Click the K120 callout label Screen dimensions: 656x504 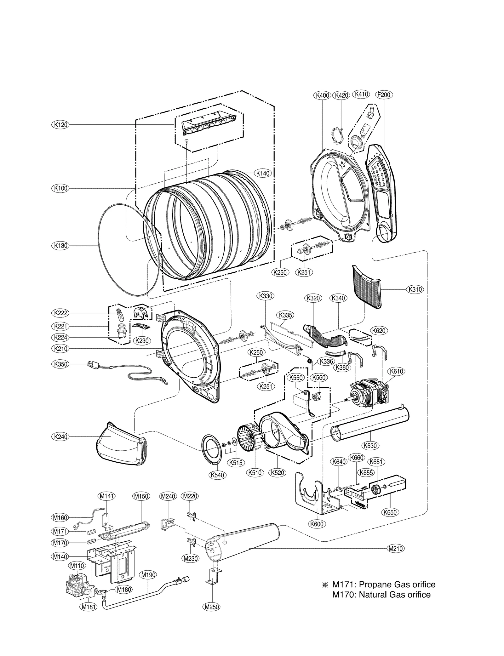tap(60, 125)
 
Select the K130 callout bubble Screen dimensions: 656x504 tap(60, 245)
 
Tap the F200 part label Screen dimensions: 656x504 tap(384, 95)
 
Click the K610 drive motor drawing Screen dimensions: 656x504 tap(367, 394)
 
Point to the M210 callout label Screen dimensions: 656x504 tap(396, 549)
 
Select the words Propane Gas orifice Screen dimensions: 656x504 tap(397, 585)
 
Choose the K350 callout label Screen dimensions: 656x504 tap(60, 364)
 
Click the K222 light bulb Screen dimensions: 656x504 tap(120, 313)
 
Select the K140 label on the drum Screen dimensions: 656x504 tap(263, 173)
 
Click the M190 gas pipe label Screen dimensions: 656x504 tap(148, 575)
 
